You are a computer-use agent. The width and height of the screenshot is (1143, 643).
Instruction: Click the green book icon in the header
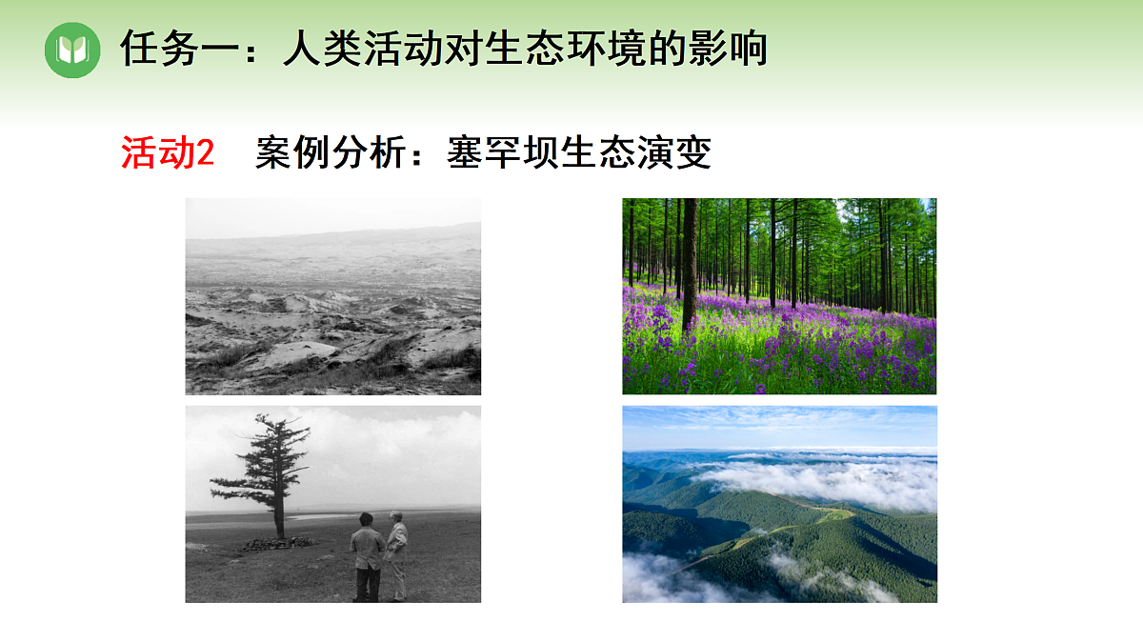(72, 50)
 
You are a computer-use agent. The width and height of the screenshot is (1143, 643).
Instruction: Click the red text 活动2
(168, 153)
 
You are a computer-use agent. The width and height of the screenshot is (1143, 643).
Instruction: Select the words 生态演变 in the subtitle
(636, 153)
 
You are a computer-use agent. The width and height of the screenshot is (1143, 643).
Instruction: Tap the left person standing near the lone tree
(366, 556)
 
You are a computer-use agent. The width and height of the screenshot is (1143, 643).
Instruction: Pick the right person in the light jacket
(397, 553)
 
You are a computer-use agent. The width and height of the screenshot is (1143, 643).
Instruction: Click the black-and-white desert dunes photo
(332, 296)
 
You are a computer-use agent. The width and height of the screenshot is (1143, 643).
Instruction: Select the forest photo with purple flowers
(779, 296)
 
